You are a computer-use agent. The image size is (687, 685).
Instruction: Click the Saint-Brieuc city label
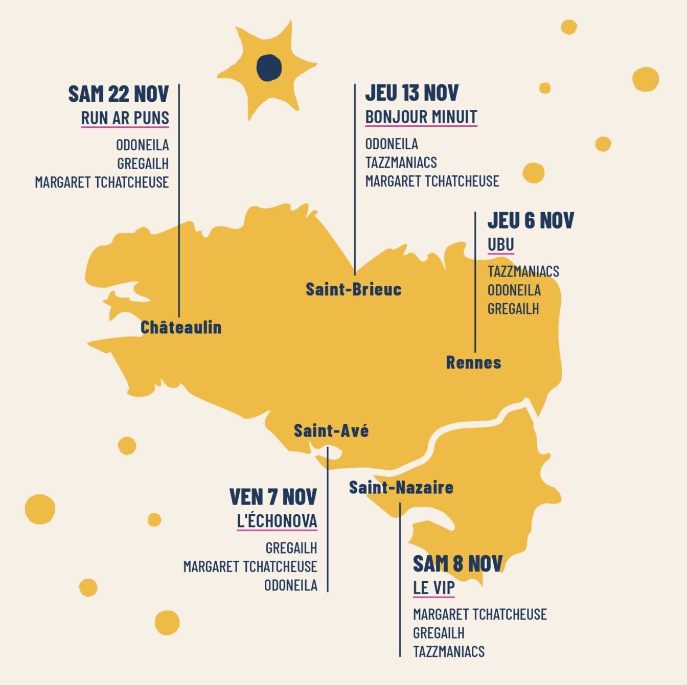click(x=353, y=289)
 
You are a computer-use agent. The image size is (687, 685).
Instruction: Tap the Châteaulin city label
click(x=181, y=327)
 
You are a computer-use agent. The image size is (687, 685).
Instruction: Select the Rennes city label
click(x=473, y=362)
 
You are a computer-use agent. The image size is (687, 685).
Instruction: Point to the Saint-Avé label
click(x=331, y=431)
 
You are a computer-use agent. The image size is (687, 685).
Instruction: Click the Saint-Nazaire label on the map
click(x=401, y=488)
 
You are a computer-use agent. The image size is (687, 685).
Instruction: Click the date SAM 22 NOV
click(x=119, y=94)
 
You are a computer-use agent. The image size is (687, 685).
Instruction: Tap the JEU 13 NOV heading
click(x=411, y=93)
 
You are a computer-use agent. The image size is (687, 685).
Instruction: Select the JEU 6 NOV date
click(x=531, y=220)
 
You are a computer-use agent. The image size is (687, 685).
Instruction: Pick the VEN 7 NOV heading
click(x=273, y=497)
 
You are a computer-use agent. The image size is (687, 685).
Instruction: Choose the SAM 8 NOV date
click(x=457, y=564)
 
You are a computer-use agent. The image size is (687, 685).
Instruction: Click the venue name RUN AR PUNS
click(x=125, y=118)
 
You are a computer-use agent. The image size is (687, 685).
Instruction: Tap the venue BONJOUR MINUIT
click(x=421, y=117)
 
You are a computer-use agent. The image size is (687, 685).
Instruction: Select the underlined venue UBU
click(x=500, y=245)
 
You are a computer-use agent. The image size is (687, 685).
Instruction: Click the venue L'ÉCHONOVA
click(x=277, y=521)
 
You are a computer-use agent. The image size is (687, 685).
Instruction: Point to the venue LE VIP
click(x=433, y=588)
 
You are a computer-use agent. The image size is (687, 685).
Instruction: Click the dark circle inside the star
click(x=269, y=67)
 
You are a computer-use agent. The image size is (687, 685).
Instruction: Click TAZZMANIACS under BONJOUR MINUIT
click(x=401, y=163)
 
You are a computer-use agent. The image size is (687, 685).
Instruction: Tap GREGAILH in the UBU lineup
click(x=513, y=309)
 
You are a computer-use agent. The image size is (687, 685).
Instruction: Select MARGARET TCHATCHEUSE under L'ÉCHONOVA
click(x=250, y=566)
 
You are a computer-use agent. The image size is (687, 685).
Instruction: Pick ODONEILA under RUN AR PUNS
click(x=142, y=145)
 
